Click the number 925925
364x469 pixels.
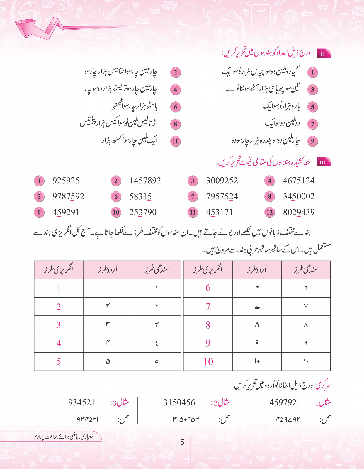click(x=66, y=181)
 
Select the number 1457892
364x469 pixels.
click(x=145, y=181)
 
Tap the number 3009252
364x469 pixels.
click(x=222, y=181)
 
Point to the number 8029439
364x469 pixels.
click(x=299, y=212)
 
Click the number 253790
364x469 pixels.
click(x=143, y=212)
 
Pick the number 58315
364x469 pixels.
click(x=140, y=196)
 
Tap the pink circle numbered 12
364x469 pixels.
click(x=270, y=212)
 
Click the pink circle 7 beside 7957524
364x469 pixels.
click(x=193, y=196)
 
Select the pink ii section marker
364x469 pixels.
click(x=323, y=54)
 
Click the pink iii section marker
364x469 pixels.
click(x=323, y=162)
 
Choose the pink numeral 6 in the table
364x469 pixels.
click(x=208, y=288)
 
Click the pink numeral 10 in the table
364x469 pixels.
click(x=208, y=362)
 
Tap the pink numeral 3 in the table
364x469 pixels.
click(x=59, y=325)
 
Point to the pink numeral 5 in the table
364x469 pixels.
click(x=59, y=362)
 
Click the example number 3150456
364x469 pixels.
click(x=179, y=402)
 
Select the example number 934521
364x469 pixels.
click(x=81, y=402)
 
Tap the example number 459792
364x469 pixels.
click(x=283, y=402)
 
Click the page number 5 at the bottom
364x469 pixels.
click(x=182, y=442)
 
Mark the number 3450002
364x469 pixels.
click(x=299, y=196)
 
